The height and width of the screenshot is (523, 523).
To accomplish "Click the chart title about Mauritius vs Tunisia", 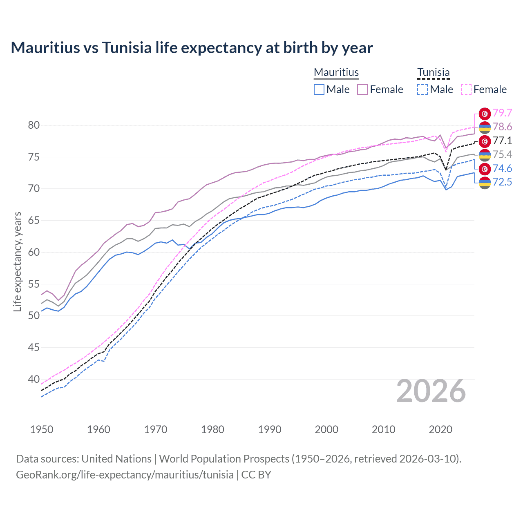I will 192,48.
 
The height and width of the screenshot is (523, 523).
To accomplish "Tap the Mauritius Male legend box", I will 319,89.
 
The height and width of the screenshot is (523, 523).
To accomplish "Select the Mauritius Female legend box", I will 362,89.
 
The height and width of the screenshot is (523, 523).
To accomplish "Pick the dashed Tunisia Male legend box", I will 422,89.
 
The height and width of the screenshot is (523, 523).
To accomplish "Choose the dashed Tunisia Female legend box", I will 466,89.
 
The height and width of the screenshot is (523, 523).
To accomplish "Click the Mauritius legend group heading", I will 336,73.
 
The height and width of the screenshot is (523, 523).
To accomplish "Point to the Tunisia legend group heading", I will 433,73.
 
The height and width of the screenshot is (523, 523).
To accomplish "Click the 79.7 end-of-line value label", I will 502,113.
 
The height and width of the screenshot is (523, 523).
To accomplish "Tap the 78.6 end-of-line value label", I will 502,127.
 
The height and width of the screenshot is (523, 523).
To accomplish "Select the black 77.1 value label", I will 502,141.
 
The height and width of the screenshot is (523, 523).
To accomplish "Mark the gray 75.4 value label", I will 502,154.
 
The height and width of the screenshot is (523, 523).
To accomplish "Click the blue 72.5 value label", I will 502,182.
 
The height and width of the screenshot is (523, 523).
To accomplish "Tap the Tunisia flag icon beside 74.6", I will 485,168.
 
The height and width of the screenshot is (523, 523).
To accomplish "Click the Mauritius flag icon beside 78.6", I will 485,127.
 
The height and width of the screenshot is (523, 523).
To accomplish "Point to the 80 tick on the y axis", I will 34,125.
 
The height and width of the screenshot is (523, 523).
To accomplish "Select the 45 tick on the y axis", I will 34,348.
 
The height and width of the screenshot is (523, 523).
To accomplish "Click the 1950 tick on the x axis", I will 42,429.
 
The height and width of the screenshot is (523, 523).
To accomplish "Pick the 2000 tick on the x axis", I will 326,429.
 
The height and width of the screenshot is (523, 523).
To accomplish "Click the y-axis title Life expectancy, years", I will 18,261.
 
